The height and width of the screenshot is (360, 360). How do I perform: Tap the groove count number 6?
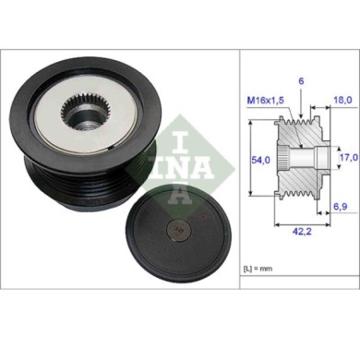(x=300, y=81)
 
